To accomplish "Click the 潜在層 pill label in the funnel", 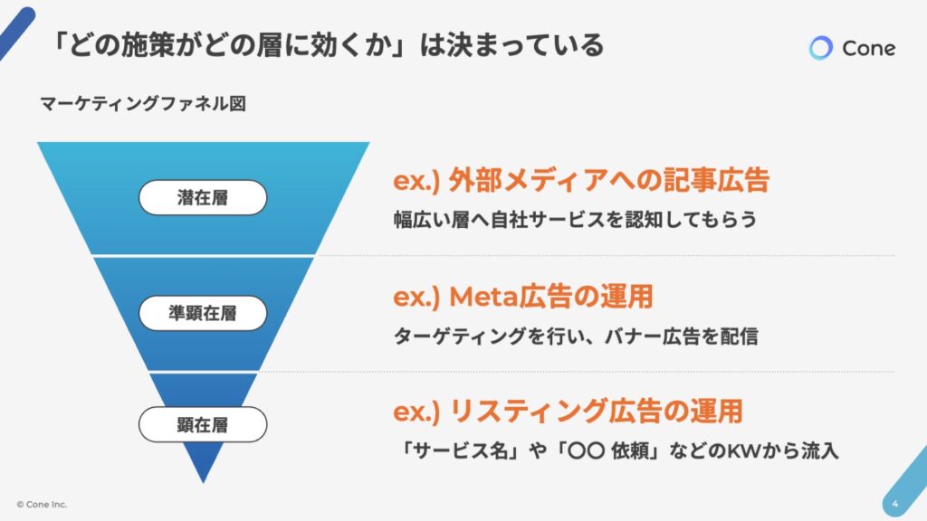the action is [x=203, y=197].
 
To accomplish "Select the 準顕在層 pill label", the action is [x=203, y=313].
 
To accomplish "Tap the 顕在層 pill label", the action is [x=203, y=424].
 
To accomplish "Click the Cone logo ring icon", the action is [x=820, y=48].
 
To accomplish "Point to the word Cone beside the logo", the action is [x=868, y=49].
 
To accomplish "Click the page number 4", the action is [x=894, y=504].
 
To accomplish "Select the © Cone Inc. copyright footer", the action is [x=42, y=505].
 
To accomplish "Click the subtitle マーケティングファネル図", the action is [x=143, y=104].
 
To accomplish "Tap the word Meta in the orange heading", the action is [x=483, y=297].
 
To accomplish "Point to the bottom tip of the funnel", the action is [x=204, y=483].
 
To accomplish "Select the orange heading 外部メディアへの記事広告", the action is [x=609, y=180].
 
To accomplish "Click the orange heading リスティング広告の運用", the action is [x=597, y=412].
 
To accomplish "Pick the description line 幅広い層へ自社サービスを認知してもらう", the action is [x=575, y=220].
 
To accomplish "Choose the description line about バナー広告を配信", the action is [x=575, y=336].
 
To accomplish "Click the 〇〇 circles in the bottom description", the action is [x=586, y=451].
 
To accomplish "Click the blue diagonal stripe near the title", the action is [x=16, y=33].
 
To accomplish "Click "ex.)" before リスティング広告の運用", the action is [x=416, y=412].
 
